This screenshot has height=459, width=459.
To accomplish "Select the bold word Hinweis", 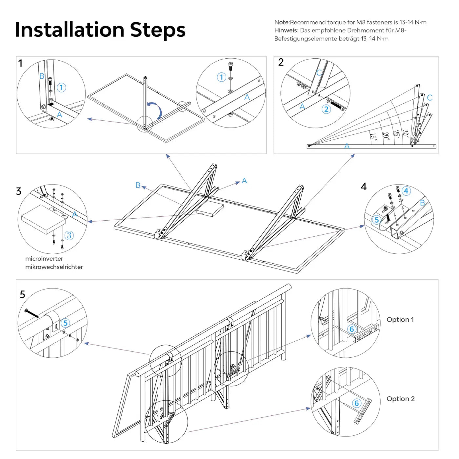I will pos(286,30).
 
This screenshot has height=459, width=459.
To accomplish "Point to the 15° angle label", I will pos(373,136).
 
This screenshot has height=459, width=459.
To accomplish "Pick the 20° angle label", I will pos(386,136).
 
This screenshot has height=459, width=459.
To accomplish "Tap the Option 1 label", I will pos(400,319).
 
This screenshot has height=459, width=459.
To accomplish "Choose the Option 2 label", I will pos(400,399).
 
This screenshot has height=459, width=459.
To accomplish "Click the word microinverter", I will pos(44,259).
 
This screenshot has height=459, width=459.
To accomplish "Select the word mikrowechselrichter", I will pos(54,267).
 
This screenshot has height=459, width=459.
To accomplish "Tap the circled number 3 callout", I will pos(69,235).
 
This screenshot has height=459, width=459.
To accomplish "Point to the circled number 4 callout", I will pos(406,191).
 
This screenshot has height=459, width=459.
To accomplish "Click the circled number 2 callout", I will pos(326,109).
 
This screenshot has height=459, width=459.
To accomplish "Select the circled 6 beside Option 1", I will pos(352,329).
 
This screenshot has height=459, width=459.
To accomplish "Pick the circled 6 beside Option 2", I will pos(356,403).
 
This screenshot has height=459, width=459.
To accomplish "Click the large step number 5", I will pos(22,294).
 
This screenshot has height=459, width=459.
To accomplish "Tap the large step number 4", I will pos(364,187).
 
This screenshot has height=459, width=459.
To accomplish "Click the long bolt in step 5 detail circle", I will pos(32,313).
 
